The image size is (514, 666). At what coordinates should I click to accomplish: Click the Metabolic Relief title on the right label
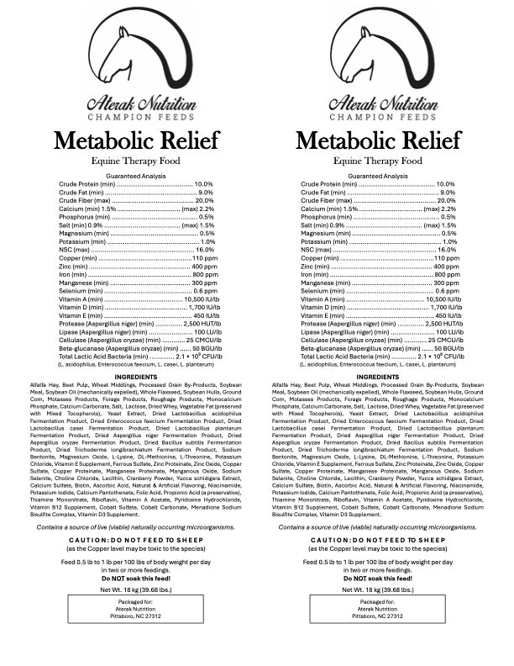[x=378, y=140]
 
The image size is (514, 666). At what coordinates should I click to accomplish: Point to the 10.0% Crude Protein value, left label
[x=204, y=184]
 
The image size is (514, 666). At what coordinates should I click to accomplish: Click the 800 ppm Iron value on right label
[x=447, y=275]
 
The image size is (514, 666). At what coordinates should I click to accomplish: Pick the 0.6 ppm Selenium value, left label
[x=202, y=291]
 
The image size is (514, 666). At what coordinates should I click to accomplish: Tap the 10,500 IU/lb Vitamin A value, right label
[x=441, y=299]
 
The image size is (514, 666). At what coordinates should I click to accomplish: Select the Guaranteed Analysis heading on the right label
[x=378, y=176]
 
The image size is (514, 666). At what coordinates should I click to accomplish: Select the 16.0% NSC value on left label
[x=205, y=250]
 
